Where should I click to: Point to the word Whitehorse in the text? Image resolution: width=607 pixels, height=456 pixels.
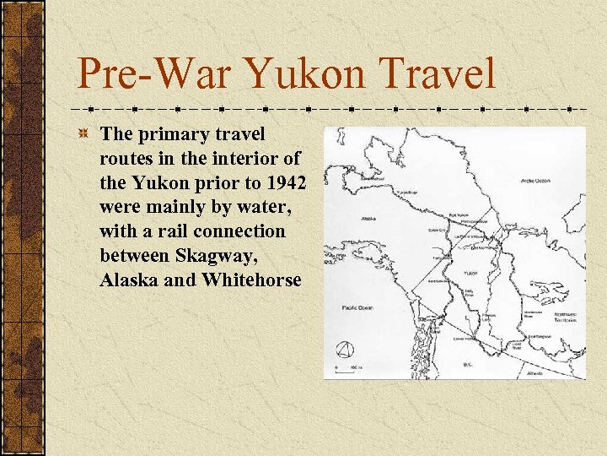[x=251, y=280]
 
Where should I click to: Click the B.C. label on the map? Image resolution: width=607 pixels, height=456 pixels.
[x=468, y=365]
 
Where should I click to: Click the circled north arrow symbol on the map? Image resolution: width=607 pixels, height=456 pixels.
[x=345, y=350]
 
